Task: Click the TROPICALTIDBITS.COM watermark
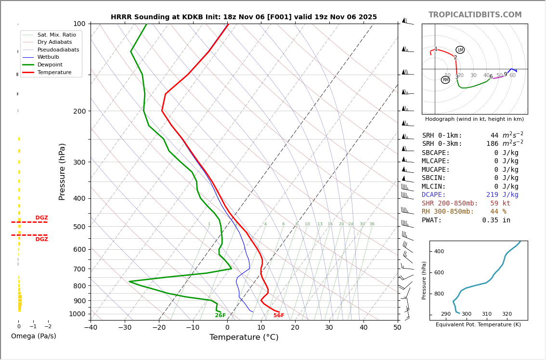click(x=475, y=15)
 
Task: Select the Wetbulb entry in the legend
click(x=48, y=57)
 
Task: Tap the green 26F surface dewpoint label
click(x=220, y=316)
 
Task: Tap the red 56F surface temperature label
click(x=279, y=316)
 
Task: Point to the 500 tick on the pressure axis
click(x=79, y=227)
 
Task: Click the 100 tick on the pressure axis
click(x=79, y=24)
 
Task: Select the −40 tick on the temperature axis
click(x=91, y=328)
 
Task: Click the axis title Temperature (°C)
click(x=244, y=337)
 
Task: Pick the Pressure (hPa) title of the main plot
click(x=62, y=171)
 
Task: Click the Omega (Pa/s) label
click(x=33, y=336)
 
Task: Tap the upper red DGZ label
click(x=42, y=218)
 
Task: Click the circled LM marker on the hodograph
click(x=460, y=50)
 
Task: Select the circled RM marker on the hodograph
click(x=445, y=80)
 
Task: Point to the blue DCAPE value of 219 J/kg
click(x=502, y=195)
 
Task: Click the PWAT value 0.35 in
click(x=496, y=220)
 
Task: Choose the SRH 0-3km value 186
click(x=492, y=144)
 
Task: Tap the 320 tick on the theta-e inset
click(x=507, y=314)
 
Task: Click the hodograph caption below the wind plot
click(x=474, y=119)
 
